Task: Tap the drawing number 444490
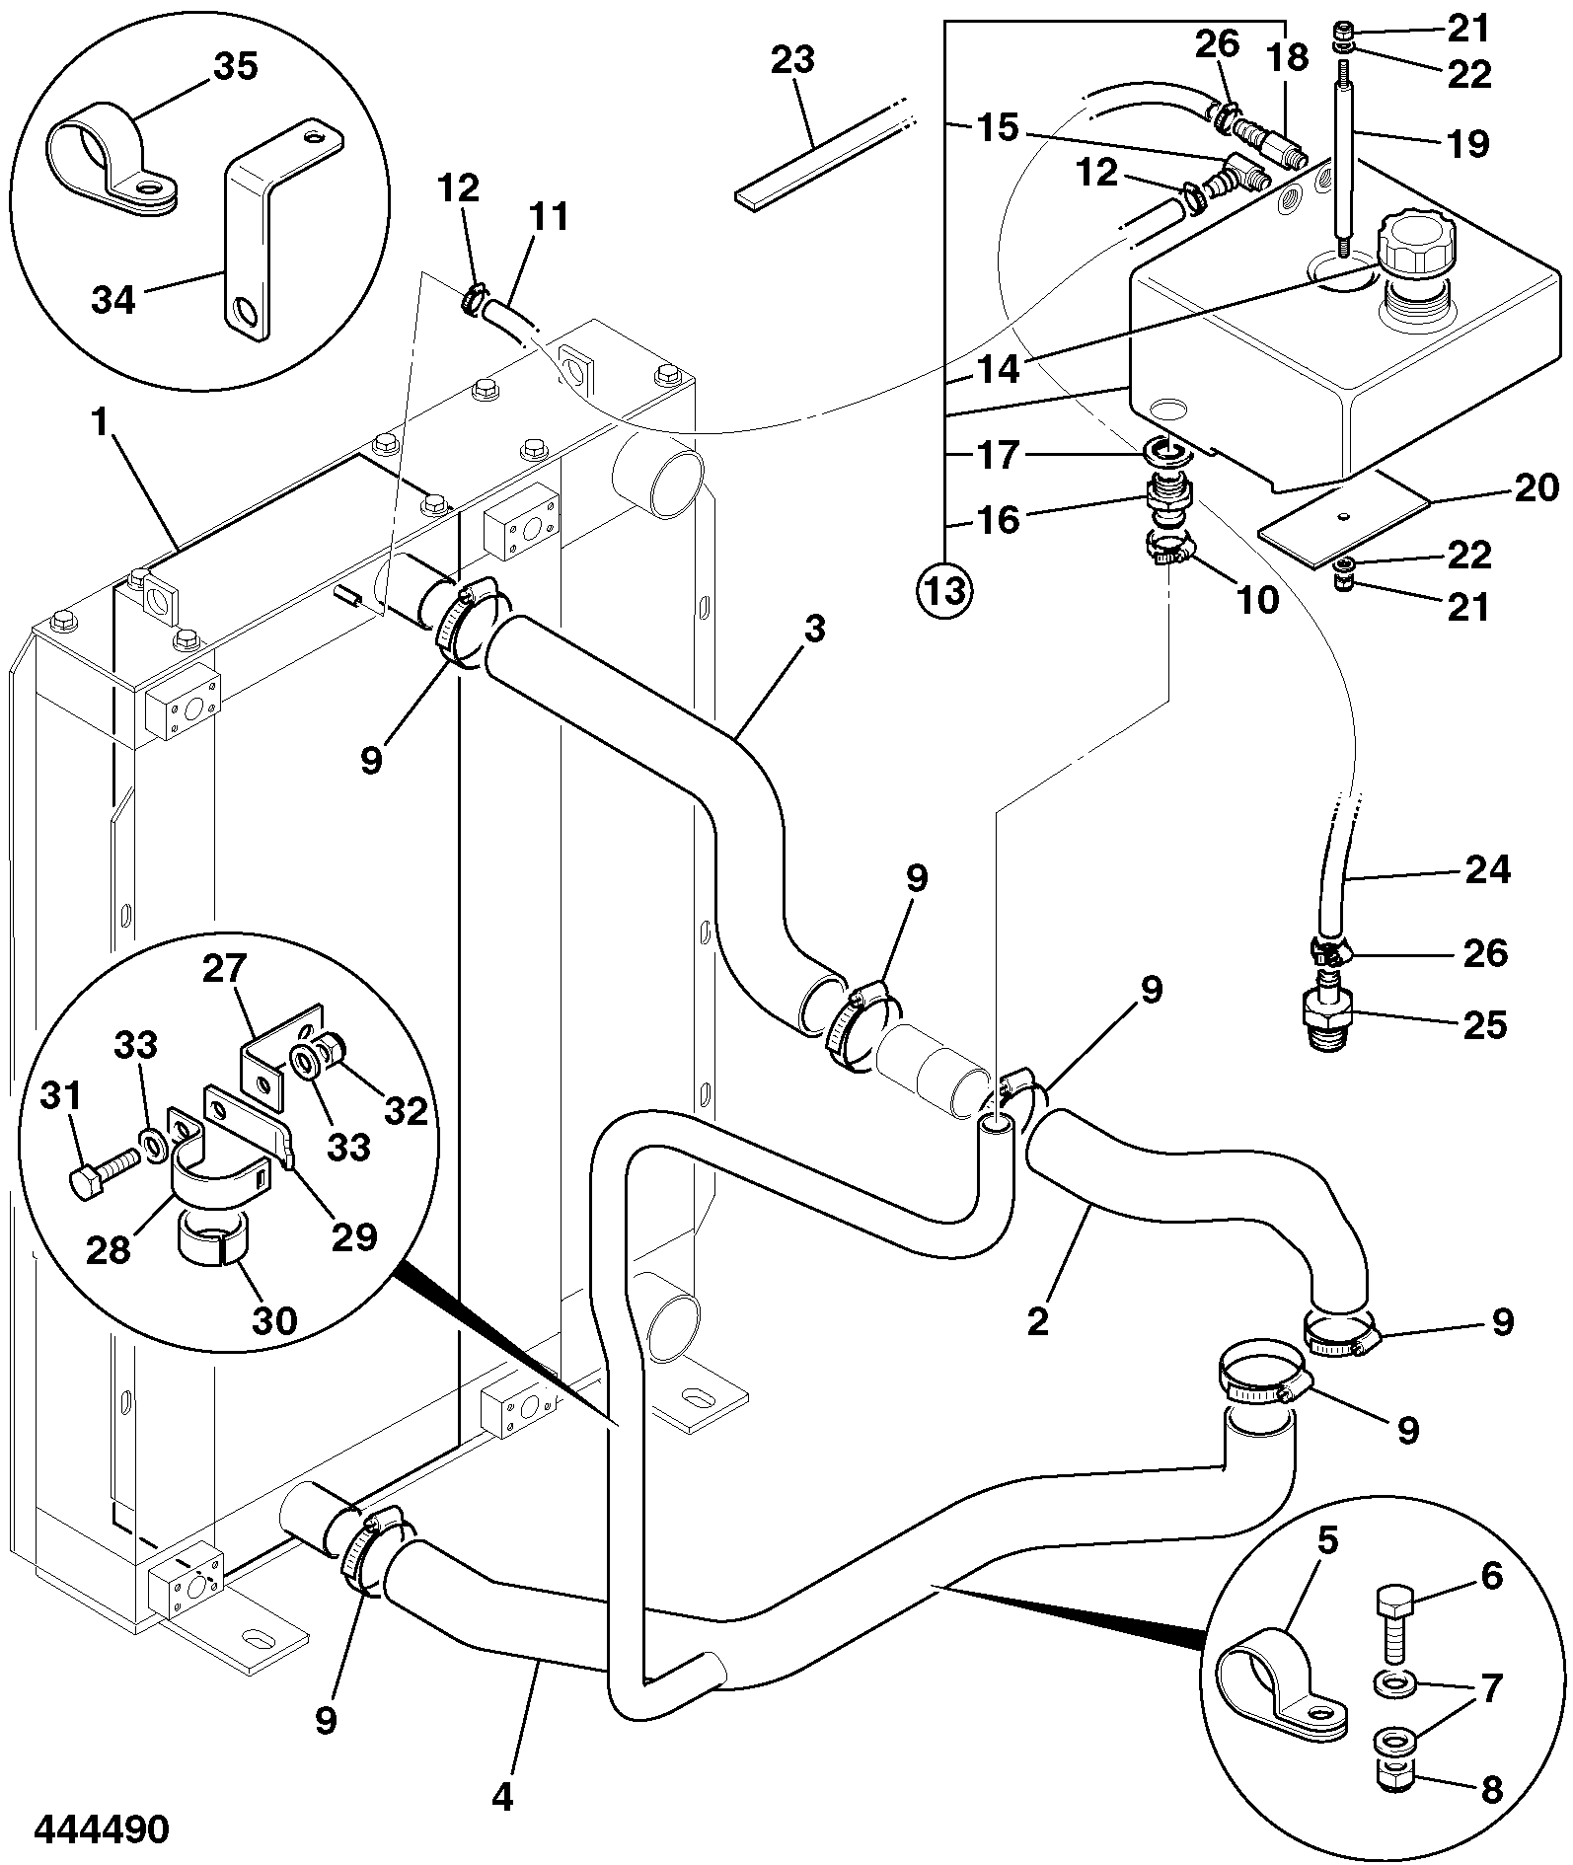102,1828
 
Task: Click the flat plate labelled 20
1344,520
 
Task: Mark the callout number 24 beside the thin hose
1487,869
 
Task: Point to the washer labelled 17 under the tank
1169,454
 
